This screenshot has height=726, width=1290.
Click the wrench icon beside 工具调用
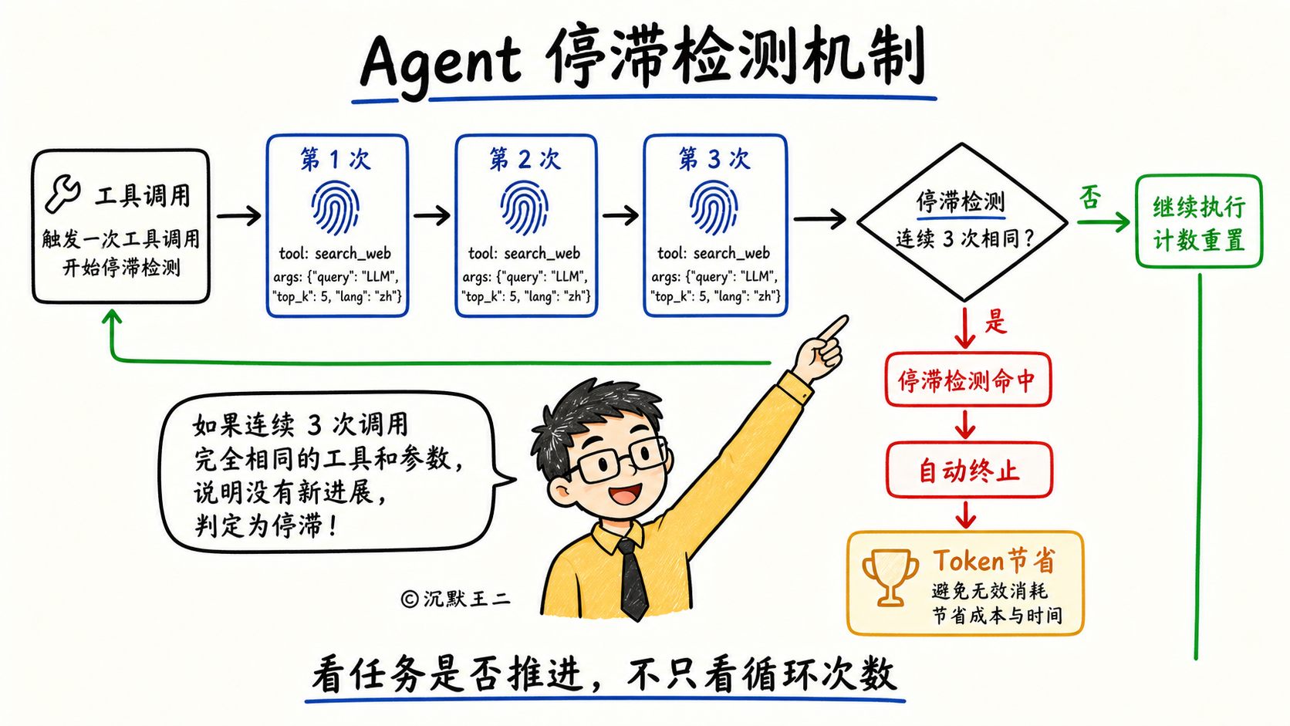(x=62, y=194)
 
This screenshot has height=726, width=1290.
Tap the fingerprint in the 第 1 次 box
(x=335, y=208)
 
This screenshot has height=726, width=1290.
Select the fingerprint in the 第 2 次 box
(x=524, y=208)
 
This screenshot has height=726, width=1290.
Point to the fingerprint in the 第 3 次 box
(x=714, y=208)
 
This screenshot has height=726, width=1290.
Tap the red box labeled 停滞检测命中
(x=968, y=380)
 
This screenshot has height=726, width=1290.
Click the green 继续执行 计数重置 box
(x=1199, y=221)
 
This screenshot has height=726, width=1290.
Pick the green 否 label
(x=1090, y=198)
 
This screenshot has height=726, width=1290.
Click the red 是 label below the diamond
(x=996, y=321)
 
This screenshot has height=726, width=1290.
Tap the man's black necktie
(x=633, y=579)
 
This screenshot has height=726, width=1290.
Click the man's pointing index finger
(x=832, y=327)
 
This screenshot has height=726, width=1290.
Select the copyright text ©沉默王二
(x=455, y=599)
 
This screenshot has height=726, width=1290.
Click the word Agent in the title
(x=441, y=62)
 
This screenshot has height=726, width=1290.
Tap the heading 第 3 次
(x=714, y=158)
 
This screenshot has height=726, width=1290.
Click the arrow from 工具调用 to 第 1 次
(x=239, y=216)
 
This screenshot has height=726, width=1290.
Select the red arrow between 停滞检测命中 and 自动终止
(x=966, y=424)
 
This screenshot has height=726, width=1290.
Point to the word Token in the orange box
(x=968, y=560)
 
